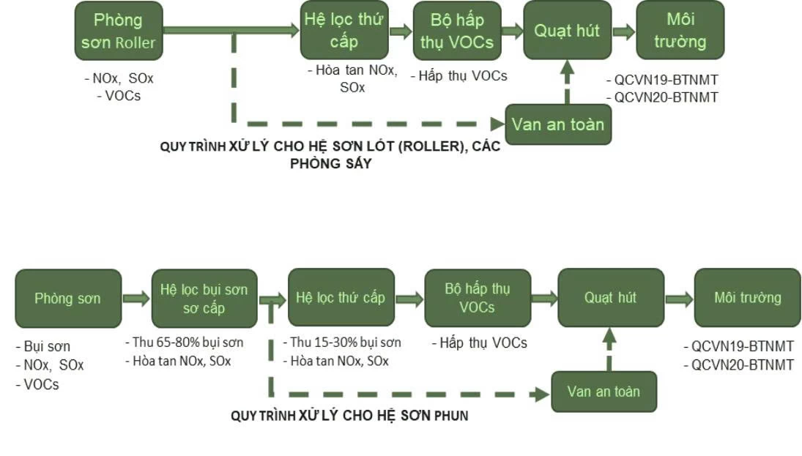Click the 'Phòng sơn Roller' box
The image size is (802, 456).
pyautogui.click(x=118, y=30)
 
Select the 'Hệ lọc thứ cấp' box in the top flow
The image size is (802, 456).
pyautogui.click(x=344, y=30)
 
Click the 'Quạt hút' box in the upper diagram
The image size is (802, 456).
pyautogui.click(x=567, y=30)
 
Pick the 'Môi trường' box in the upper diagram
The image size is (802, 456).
pyautogui.click(x=680, y=30)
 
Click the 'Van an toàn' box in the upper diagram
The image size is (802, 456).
pyautogui.click(x=558, y=124)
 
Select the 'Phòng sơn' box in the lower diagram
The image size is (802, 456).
pyautogui.click(x=67, y=298)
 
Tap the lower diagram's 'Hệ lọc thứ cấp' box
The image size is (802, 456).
pyautogui.click(x=341, y=298)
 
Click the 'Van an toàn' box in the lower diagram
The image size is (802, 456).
pyautogui.click(x=604, y=392)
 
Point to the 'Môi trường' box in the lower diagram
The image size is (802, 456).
pyautogui.click(x=747, y=298)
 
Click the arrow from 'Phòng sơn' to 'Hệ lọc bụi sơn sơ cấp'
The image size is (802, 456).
pyautogui.click(x=135, y=299)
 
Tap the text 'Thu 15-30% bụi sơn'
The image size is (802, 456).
pyautogui.click(x=341, y=343)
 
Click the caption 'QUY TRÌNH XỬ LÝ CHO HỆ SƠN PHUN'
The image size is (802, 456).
pyautogui.click(x=349, y=416)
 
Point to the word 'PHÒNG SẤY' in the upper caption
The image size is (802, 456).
pyautogui.click(x=330, y=163)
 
